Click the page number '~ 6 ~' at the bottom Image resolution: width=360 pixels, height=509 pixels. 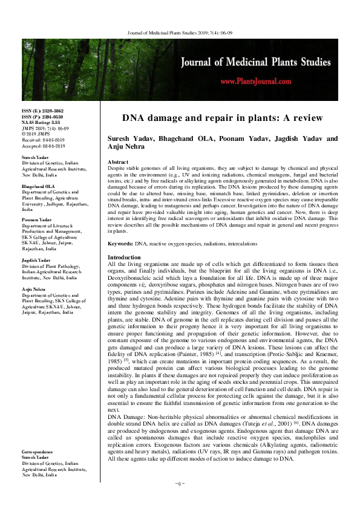click(x=180, y=484)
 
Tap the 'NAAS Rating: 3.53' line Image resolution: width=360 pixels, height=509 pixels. click(x=45, y=122)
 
